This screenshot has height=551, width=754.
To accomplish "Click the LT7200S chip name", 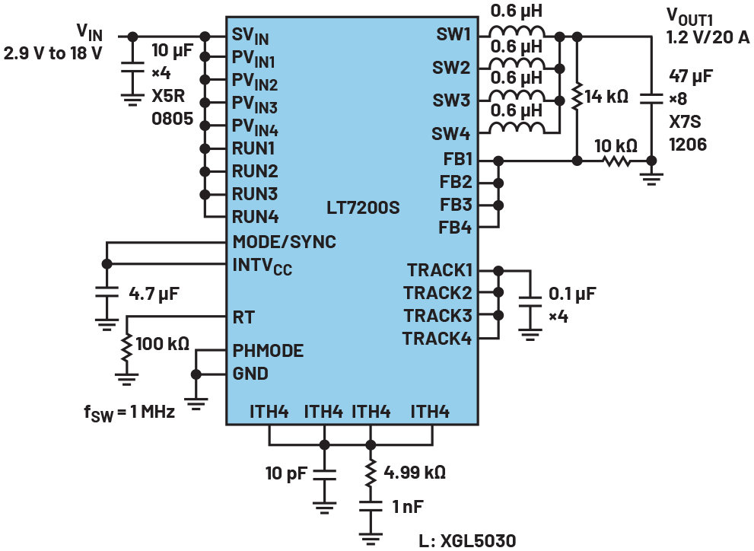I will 363,207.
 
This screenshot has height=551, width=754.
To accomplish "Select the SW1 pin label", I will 453,35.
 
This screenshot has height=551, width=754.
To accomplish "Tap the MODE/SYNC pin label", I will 284,242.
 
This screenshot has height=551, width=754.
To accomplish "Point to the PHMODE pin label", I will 268,352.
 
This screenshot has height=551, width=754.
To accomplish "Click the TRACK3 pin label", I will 437,315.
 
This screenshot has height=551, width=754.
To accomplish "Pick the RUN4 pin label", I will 255,217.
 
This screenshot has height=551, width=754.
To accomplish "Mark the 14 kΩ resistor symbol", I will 577,97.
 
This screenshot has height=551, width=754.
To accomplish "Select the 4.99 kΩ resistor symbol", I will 371,472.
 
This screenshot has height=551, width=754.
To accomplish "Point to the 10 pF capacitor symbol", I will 325,474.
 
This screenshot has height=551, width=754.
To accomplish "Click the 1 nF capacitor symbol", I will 371,505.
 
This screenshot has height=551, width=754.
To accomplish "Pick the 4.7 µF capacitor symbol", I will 107,292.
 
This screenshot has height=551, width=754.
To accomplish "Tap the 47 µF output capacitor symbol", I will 651,97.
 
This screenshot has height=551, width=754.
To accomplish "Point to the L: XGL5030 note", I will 467,540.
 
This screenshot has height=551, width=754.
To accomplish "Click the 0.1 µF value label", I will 572,293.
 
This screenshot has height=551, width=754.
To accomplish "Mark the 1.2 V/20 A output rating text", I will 707,37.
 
